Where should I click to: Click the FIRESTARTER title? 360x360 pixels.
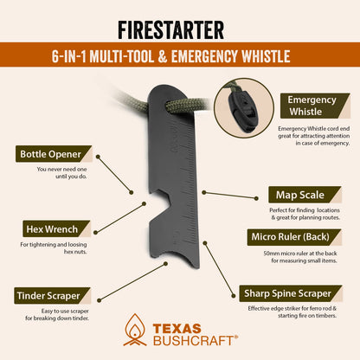click(180, 20)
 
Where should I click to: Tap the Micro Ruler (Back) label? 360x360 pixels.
click(299, 237)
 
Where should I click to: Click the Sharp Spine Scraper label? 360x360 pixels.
click(294, 293)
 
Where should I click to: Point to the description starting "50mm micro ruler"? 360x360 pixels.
click(299, 258)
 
